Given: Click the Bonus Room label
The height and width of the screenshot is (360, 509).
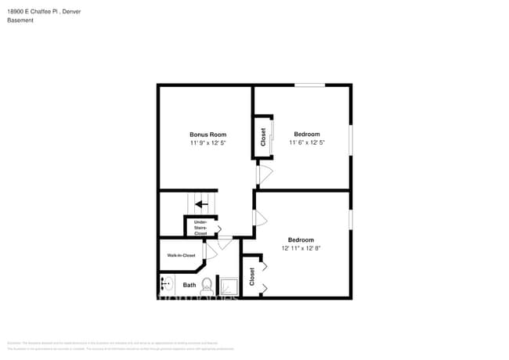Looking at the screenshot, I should coord(208,135).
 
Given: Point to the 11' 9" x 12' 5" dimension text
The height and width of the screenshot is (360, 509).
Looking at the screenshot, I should coord(208,143).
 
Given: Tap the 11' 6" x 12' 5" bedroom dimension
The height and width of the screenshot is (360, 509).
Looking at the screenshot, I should coord(306,143).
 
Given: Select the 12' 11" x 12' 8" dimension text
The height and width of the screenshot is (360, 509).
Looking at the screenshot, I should coord(301,248).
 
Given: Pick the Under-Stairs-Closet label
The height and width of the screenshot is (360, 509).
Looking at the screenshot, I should coord(200,228).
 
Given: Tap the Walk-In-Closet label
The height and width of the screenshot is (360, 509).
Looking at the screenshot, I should coord(181,255).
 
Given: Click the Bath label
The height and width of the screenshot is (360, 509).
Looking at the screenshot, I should coord(190,285).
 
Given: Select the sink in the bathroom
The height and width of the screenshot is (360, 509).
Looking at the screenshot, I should coord(166,284).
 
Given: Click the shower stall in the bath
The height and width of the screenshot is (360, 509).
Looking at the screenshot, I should coord(229,286).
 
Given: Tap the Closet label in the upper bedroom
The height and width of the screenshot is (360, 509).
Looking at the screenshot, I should coord(263,137).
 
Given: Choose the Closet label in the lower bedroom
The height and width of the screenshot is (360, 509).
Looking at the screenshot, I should coord(252,276).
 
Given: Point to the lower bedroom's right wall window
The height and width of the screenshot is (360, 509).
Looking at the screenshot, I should coord(350,220).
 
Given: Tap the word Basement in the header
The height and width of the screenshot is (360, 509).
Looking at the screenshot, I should coord(20,20).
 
